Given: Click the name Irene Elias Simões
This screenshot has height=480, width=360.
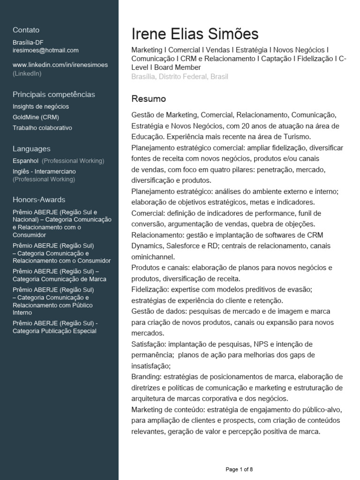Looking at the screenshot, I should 195,34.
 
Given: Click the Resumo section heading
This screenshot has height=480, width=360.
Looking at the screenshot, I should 149,99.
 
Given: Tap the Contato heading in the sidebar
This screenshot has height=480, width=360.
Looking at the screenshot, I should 26,30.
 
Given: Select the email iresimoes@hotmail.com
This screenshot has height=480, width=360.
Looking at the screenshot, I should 45,50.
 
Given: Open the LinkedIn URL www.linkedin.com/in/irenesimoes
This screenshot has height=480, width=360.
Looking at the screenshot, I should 60,65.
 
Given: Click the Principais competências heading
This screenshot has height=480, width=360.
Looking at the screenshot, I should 53,94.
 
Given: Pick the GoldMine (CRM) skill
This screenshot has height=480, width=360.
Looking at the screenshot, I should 36,117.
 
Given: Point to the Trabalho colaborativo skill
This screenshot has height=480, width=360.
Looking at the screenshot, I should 42,127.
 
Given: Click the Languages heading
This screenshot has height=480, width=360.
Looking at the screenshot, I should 31,149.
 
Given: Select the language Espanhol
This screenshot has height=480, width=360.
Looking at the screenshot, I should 26,161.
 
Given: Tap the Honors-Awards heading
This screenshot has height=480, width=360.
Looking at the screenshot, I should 39,199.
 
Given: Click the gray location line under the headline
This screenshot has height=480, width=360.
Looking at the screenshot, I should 180,76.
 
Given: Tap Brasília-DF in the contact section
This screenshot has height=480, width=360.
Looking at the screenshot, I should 28,42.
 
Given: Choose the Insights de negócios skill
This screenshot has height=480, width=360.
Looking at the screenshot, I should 41,106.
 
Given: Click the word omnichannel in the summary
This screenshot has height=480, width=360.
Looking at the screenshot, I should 153,257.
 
